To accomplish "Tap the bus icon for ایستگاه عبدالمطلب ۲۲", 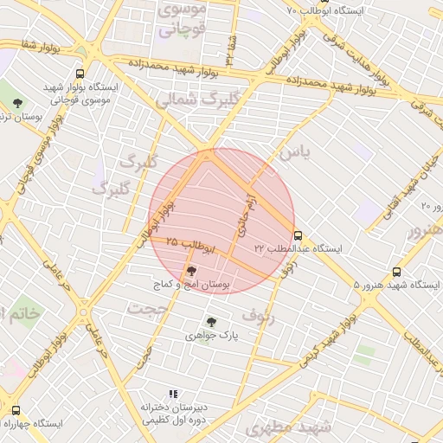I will coord(299,234).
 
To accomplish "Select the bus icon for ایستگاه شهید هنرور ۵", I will coord(396,272).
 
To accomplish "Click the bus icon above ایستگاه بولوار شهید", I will coord(80,74).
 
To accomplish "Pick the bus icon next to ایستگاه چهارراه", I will coord(16,410).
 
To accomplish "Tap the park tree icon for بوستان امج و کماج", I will coord(191,271).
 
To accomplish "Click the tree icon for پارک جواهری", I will coord(211,322).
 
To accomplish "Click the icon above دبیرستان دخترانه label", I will coord(150,395).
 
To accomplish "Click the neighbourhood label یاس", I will coord(292,153).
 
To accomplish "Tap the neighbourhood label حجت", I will coord(146,307).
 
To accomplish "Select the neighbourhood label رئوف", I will coord(258,315).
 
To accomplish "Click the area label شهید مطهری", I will coord(288,427).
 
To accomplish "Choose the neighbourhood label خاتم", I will coord(19,312).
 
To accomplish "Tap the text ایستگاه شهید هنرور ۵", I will coord(399,286).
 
